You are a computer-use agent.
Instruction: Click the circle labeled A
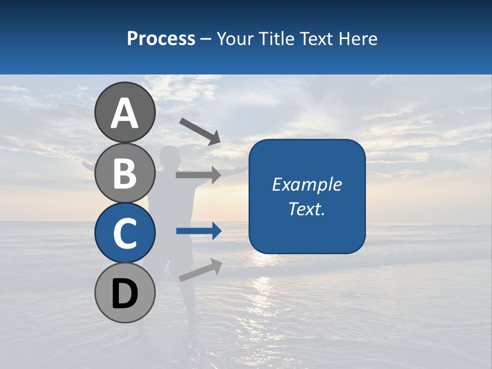click(x=125, y=112)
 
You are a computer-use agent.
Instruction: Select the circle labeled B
click(x=125, y=173)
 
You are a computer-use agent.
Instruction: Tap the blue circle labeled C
click(x=125, y=233)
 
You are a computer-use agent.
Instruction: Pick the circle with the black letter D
click(x=125, y=293)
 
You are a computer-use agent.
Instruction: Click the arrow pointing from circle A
click(x=200, y=131)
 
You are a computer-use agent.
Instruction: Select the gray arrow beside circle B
click(x=198, y=175)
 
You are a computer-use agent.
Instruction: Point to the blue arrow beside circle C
click(x=199, y=231)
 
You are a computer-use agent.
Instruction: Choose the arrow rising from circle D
click(x=200, y=270)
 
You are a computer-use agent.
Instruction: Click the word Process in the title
click(x=161, y=38)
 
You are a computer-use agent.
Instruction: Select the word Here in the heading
click(x=357, y=38)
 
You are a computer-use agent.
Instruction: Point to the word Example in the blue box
click(x=306, y=184)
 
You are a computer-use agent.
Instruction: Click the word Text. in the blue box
click(x=306, y=209)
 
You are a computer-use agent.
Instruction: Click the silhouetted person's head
click(x=169, y=154)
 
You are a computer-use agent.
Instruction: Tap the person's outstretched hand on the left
click(x=85, y=165)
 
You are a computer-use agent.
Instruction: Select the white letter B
click(x=125, y=173)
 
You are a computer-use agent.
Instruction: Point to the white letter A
click(x=125, y=113)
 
